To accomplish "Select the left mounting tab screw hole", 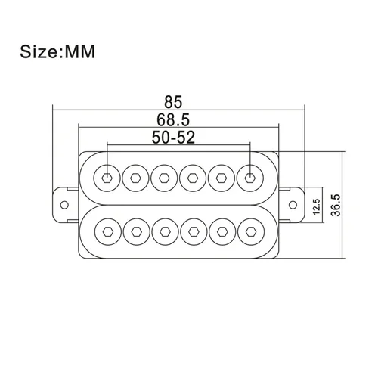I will (64, 203).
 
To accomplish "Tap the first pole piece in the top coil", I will (107, 178).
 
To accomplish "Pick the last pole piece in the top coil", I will (249, 178).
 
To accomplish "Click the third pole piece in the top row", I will (164, 178).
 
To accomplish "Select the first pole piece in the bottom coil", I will (107, 229).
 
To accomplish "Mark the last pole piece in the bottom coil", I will (249, 229).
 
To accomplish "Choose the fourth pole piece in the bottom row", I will (193, 229).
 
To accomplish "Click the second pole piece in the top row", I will (136, 178).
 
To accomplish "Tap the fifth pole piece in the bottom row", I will (221, 229).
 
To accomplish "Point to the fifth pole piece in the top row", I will (221, 178).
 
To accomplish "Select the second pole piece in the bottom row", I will (136, 229).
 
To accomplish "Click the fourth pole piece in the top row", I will (193, 178).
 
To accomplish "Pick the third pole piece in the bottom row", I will (164, 229).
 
